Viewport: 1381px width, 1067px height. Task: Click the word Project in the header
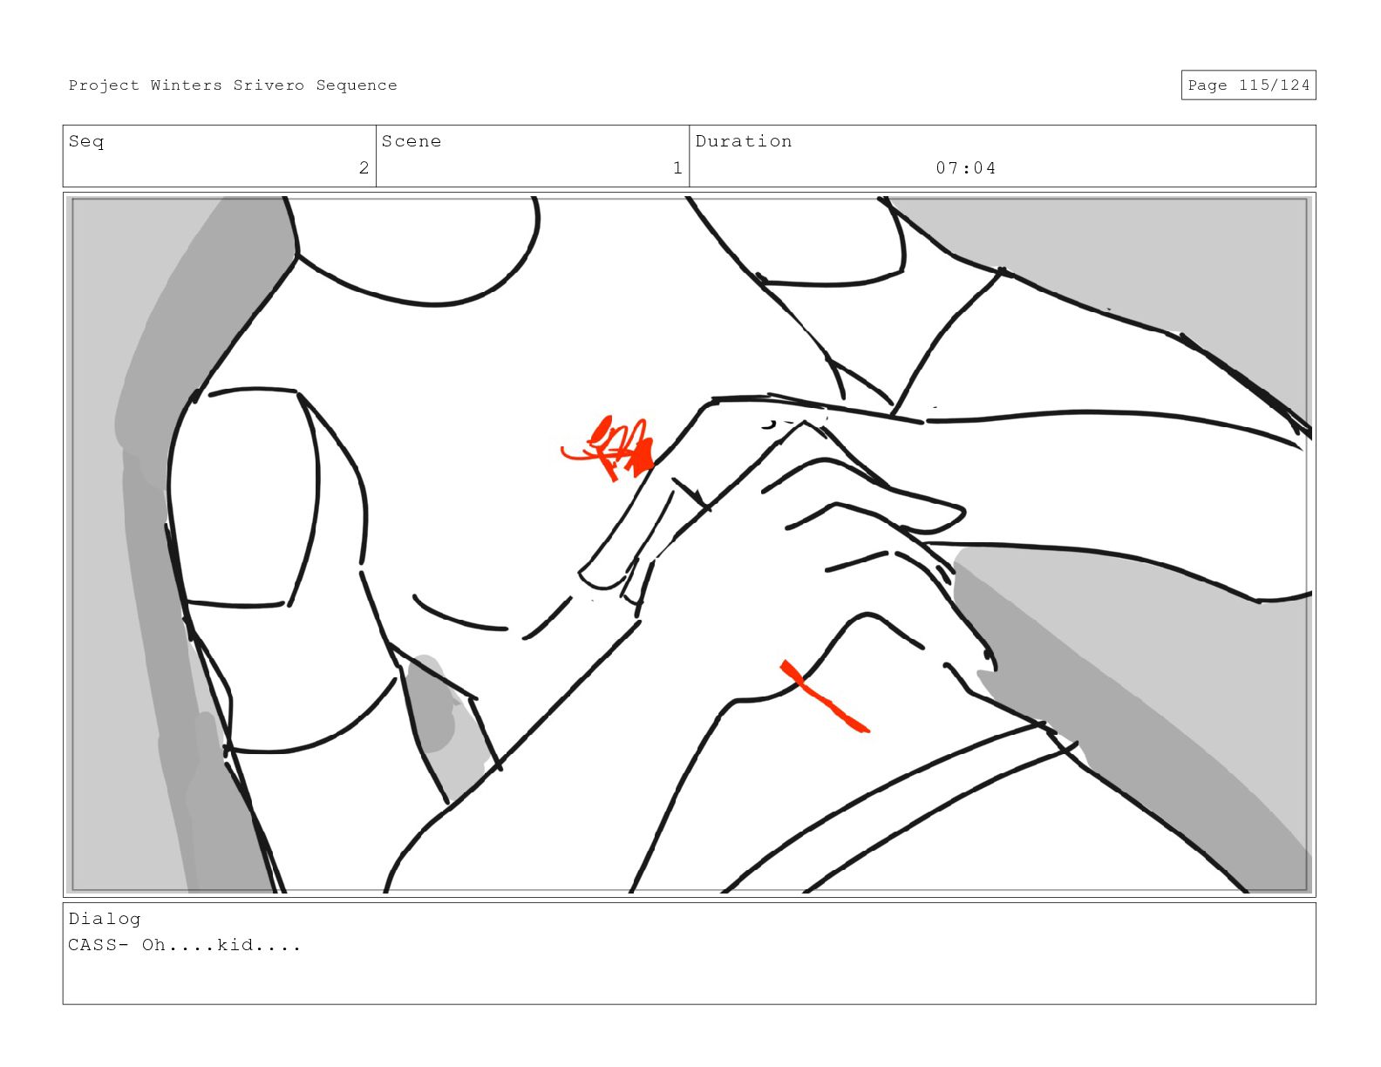(x=104, y=85)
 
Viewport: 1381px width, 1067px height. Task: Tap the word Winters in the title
(x=187, y=85)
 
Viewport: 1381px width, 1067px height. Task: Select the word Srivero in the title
(x=269, y=85)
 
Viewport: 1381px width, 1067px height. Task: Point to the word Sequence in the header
(x=357, y=85)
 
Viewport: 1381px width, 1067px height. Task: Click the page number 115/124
(x=1274, y=85)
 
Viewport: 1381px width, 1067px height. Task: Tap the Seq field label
(x=86, y=142)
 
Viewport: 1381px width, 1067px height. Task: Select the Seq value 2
(x=364, y=167)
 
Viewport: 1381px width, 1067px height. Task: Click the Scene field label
(x=412, y=141)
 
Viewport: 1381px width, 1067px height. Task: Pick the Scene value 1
(x=677, y=167)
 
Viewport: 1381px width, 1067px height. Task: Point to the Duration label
(x=744, y=141)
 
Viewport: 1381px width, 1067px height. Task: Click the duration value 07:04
(x=965, y=167)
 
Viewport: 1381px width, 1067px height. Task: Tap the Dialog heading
(x=105, y=919)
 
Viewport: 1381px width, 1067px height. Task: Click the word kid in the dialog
(x=235, y=945)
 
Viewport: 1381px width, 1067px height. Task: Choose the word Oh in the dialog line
(x=153, y=945)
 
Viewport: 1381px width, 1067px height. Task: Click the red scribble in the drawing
(x=610, y=447)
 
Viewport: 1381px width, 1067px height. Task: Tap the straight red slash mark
(x=824, y=697)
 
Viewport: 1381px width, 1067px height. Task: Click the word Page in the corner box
(x=1208, y=85)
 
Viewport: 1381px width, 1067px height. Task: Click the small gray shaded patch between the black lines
(x=439, y=711)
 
